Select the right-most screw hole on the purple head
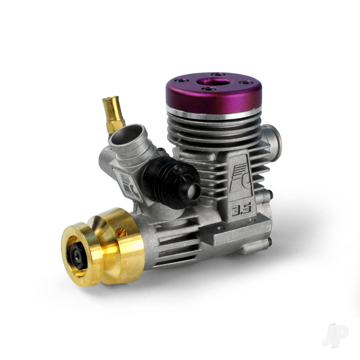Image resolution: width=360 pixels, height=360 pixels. coord(247,83)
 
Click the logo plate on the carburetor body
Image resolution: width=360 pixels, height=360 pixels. coord(127,184)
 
